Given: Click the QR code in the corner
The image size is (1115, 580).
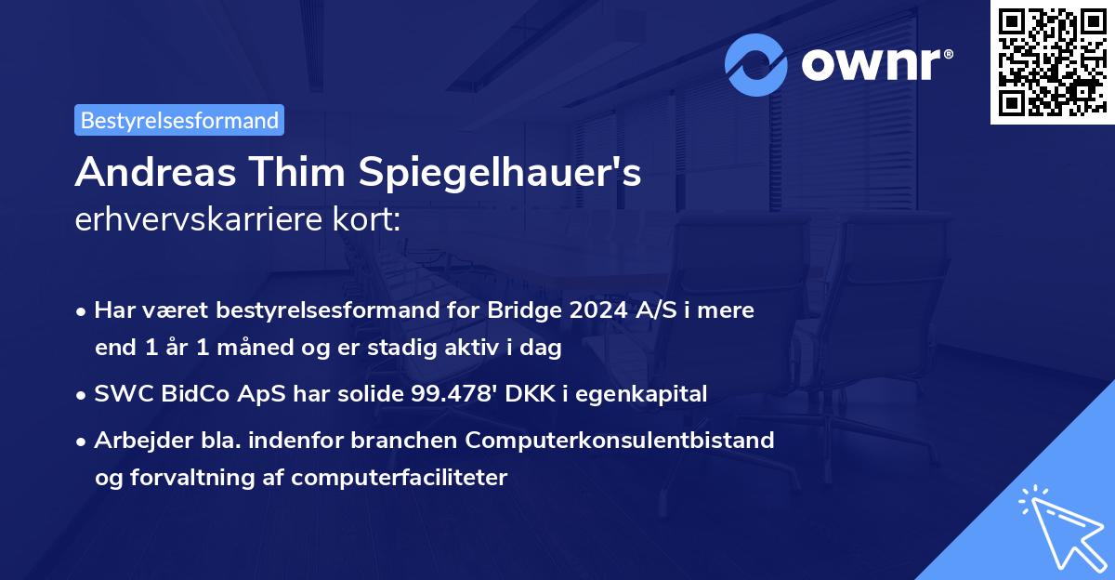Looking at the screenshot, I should pos(1052,62).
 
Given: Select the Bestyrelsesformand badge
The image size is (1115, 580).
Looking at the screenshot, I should pos(179,120).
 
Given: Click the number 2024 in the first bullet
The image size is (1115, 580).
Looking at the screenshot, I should pos(592,310).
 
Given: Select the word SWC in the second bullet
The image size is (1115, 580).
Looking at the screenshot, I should pos(120,394).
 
